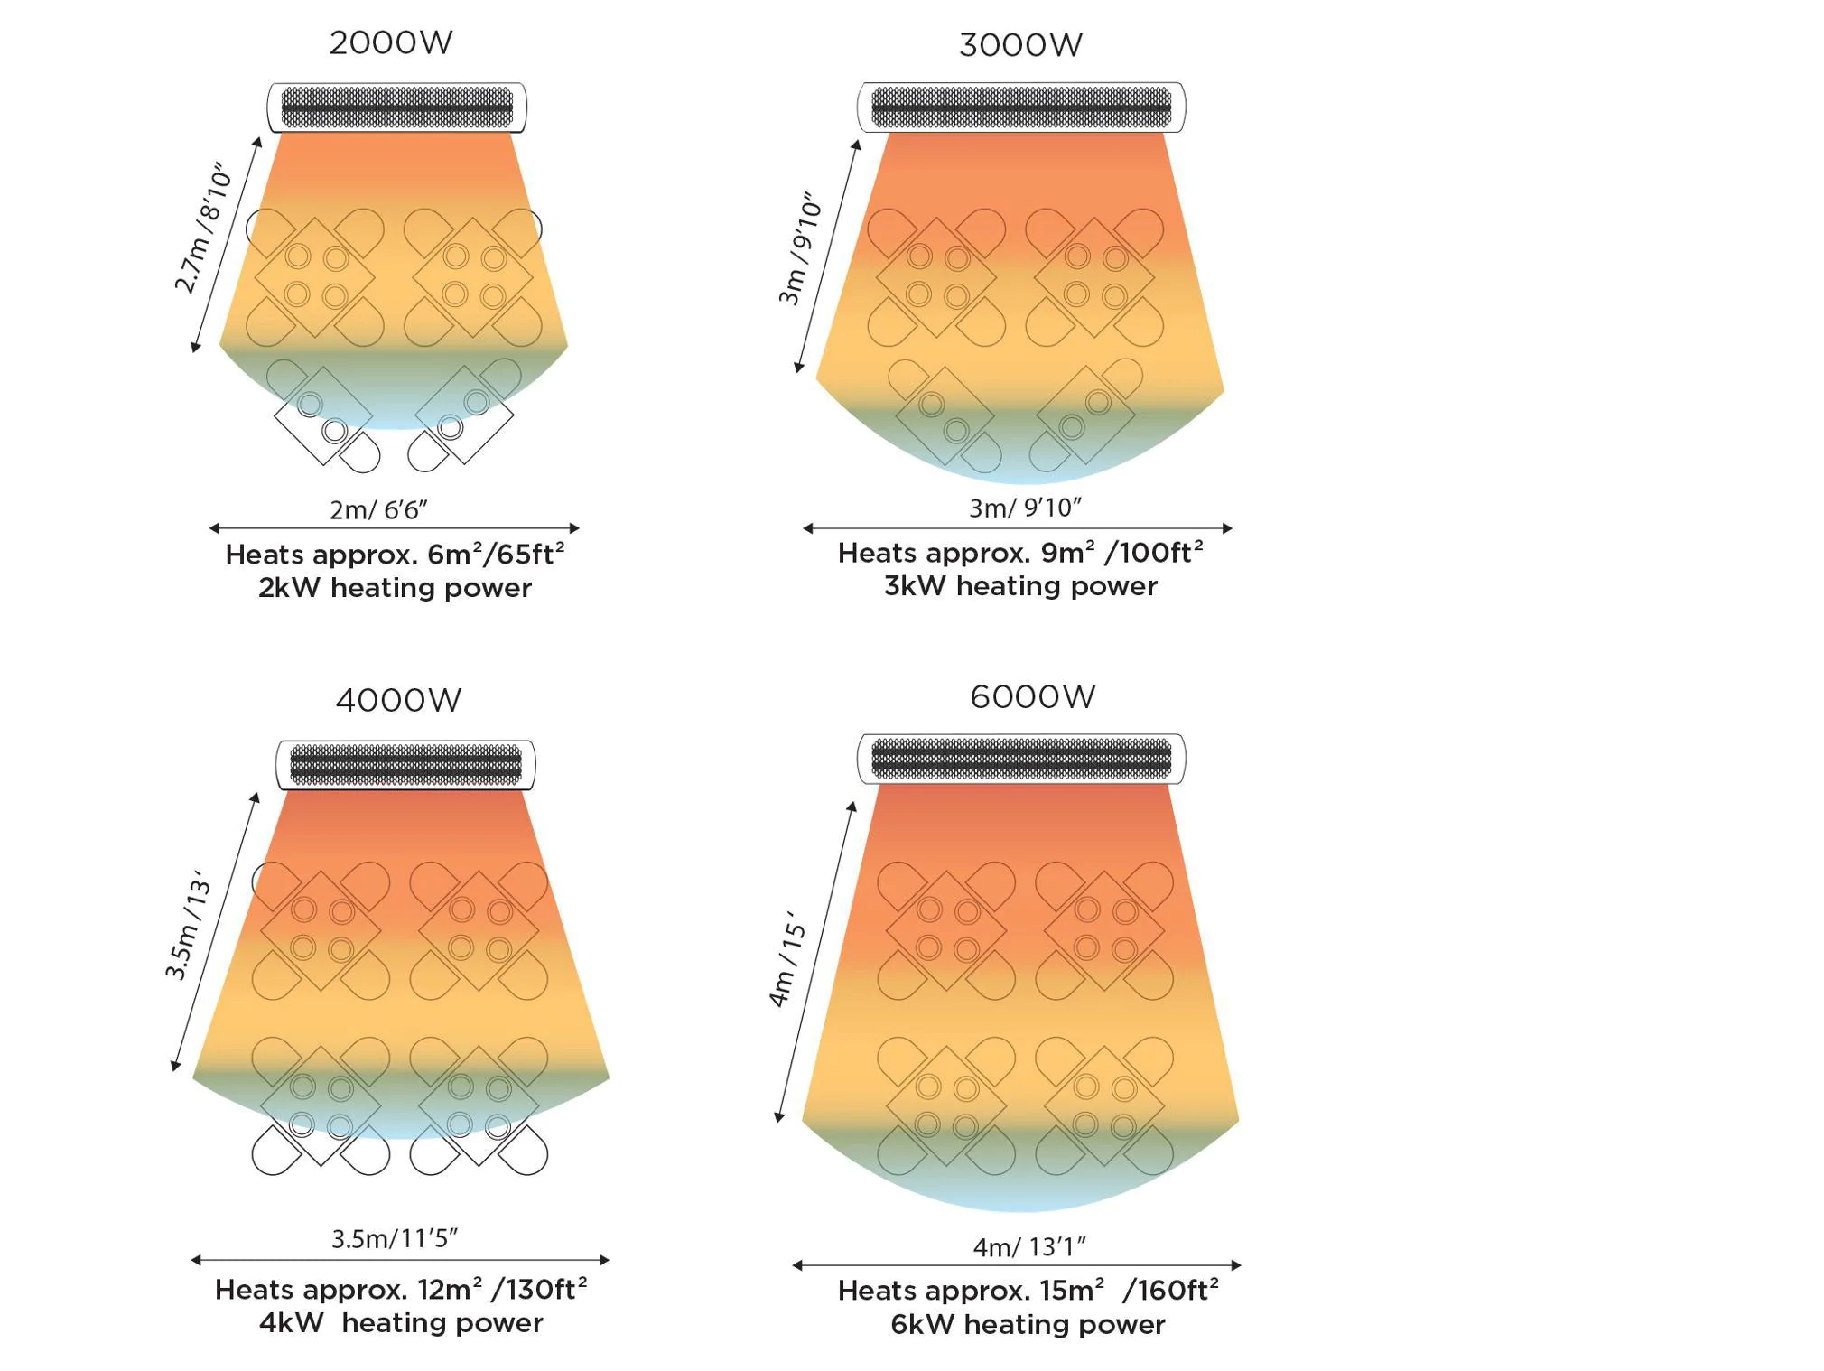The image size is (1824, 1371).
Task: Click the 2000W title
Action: (x=390, y=42)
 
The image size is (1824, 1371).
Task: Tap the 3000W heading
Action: (x=1020, y=45)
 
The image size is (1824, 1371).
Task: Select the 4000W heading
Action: (x=398, y=700)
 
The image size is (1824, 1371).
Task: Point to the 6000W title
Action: (x=1032, y=696)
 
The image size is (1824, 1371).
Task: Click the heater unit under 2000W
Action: (x=396, y=107)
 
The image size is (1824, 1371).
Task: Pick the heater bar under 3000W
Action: (x=1020, y=107)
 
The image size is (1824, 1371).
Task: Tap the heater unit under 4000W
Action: (x=405, y=765)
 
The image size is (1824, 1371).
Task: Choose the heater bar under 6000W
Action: (x=1020, y=759)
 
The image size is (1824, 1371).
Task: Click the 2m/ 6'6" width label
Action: (x=378, y=510)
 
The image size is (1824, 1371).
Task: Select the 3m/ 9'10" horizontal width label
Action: (x=1024, y=508)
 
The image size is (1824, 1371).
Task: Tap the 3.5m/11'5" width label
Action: (x=395, y=1238)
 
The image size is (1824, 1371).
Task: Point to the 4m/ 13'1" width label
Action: (x=1028, y=1247)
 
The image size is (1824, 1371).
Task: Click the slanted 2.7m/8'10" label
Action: (x=202, y=229)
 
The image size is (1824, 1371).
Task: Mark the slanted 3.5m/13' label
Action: (x=188, y=926)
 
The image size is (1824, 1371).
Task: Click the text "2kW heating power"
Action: (x=395, y=588)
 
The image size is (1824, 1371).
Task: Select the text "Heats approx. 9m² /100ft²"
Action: (x=1019, y=553)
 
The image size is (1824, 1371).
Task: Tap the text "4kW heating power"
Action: (x=401, y=1323)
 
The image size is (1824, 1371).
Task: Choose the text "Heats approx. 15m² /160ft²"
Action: (x=1028, y=1291)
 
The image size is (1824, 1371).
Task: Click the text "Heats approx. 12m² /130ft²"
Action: (x=400, y=1290)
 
